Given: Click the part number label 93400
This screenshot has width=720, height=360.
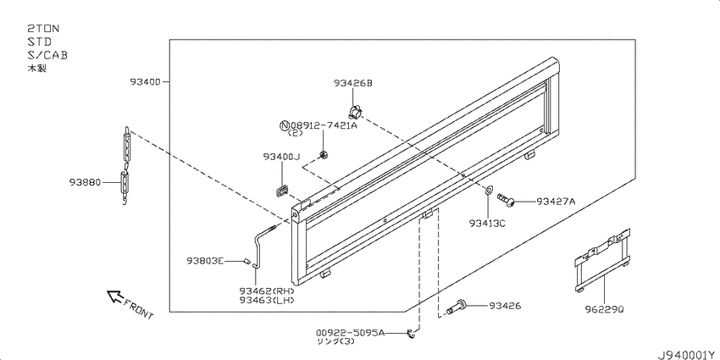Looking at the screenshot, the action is click(145, 82).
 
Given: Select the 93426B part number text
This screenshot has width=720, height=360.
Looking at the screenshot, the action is click(352, 83).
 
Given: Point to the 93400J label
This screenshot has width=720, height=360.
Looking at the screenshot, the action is click(281, 157).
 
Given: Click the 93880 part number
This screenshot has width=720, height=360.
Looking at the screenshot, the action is click(85, 182).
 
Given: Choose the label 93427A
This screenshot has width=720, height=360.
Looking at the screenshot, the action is click(556, 201).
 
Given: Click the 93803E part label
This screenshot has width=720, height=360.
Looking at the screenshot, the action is click(205, 261).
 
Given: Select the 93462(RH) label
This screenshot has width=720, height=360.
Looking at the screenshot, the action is click(266, 291).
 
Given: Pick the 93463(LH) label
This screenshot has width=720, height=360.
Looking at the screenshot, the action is click(266, 300).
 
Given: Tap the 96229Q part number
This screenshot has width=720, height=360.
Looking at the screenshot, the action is click(605, 309).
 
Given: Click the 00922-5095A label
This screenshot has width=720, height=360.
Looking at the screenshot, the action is click(350, 332).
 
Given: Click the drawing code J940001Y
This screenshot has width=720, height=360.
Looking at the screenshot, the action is click(688, 355).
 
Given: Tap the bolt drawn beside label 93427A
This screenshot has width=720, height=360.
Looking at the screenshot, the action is click(506, 200).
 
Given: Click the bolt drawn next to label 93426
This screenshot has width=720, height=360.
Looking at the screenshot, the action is click(456, 307).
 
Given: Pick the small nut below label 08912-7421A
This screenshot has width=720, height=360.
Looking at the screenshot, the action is click(324, 155).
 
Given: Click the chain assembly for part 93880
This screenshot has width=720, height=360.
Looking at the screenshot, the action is click(125, 166).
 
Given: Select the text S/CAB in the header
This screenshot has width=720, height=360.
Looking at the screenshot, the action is click(47, 55).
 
